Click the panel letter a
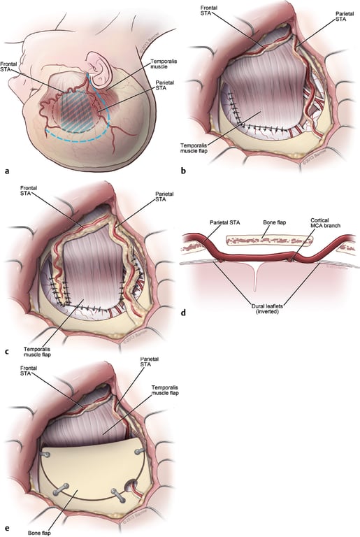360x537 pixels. coord(6,169)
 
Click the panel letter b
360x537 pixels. coord(182,169)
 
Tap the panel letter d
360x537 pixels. coord(182,312)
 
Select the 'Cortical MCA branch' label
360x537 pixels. coord(324,225)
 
